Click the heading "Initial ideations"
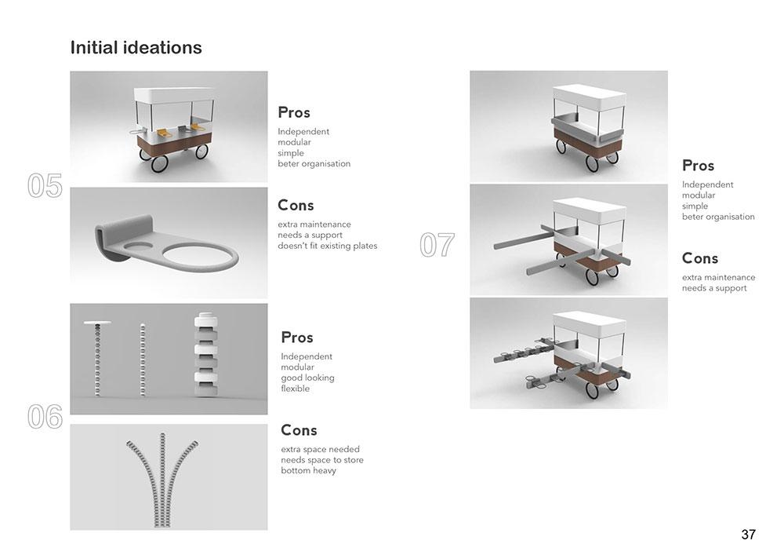pos(136,48)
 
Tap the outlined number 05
pos(45,186)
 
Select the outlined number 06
pos(45,416)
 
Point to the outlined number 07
pos(437,245)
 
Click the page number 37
pos(748,535)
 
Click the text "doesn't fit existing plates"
pos(328,246)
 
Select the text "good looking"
pos(307,378)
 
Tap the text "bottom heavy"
pos(308,470)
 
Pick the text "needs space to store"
pos(322,460)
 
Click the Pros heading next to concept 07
pos(698,166)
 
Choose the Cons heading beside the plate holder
pos(296,205)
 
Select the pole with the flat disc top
pos(98,358)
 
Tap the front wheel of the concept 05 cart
pos(159,163)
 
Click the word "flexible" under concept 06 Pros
pos(295,389)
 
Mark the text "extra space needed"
pos(320,449)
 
